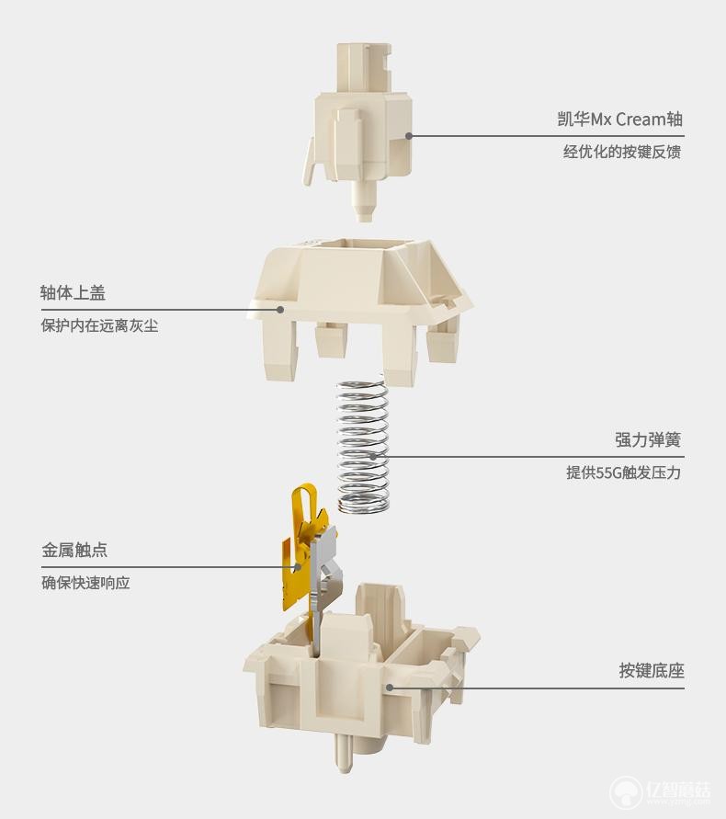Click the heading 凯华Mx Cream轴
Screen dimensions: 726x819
[620, 119]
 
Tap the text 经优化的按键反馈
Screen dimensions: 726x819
[622, 152]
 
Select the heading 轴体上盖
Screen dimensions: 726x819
[73, 292]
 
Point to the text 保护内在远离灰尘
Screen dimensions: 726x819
[99, 326]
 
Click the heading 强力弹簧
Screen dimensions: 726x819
[648, 439]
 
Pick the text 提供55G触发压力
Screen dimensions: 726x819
[624, 472]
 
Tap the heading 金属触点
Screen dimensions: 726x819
[74, 550]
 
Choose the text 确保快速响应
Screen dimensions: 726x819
[85, 583]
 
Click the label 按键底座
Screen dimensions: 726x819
[652, 671]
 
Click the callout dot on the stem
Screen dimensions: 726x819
[409, 136]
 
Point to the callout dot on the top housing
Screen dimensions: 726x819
[280, 310]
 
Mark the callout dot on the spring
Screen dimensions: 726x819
[373, 457]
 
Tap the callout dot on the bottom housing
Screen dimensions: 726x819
[390, 688]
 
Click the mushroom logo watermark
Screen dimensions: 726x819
[626, 794]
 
